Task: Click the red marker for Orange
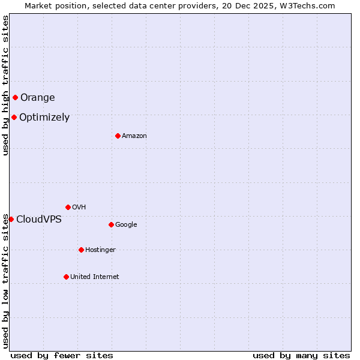point(15,97)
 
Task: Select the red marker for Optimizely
point(14,117)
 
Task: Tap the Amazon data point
point(118,136)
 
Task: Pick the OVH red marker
point(68,207)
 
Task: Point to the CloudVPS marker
point(11,219)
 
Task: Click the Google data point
point(111,224)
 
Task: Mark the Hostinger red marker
point(81,250)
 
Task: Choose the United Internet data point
point(66,277)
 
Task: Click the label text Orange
point(37,97)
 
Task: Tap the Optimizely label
point(44,118)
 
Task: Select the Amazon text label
point(134,136)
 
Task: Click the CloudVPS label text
point(38,219)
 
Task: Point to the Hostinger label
point(100,250)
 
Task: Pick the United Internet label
point(94,277)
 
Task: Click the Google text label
point(126,224)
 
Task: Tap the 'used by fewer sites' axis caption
point(62,355)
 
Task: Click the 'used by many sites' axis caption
point(301,355)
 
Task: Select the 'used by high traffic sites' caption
point(5,85)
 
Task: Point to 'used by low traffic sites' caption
point(5,281)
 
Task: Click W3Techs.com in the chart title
point(307,5)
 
